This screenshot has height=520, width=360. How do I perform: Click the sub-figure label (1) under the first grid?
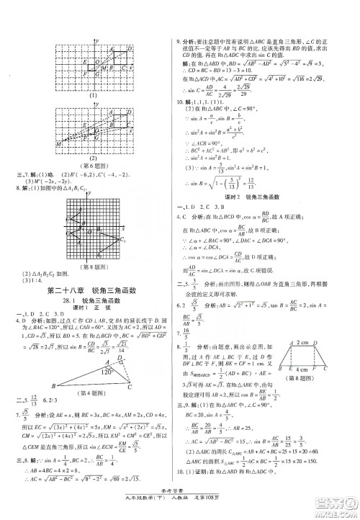[92, 95]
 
